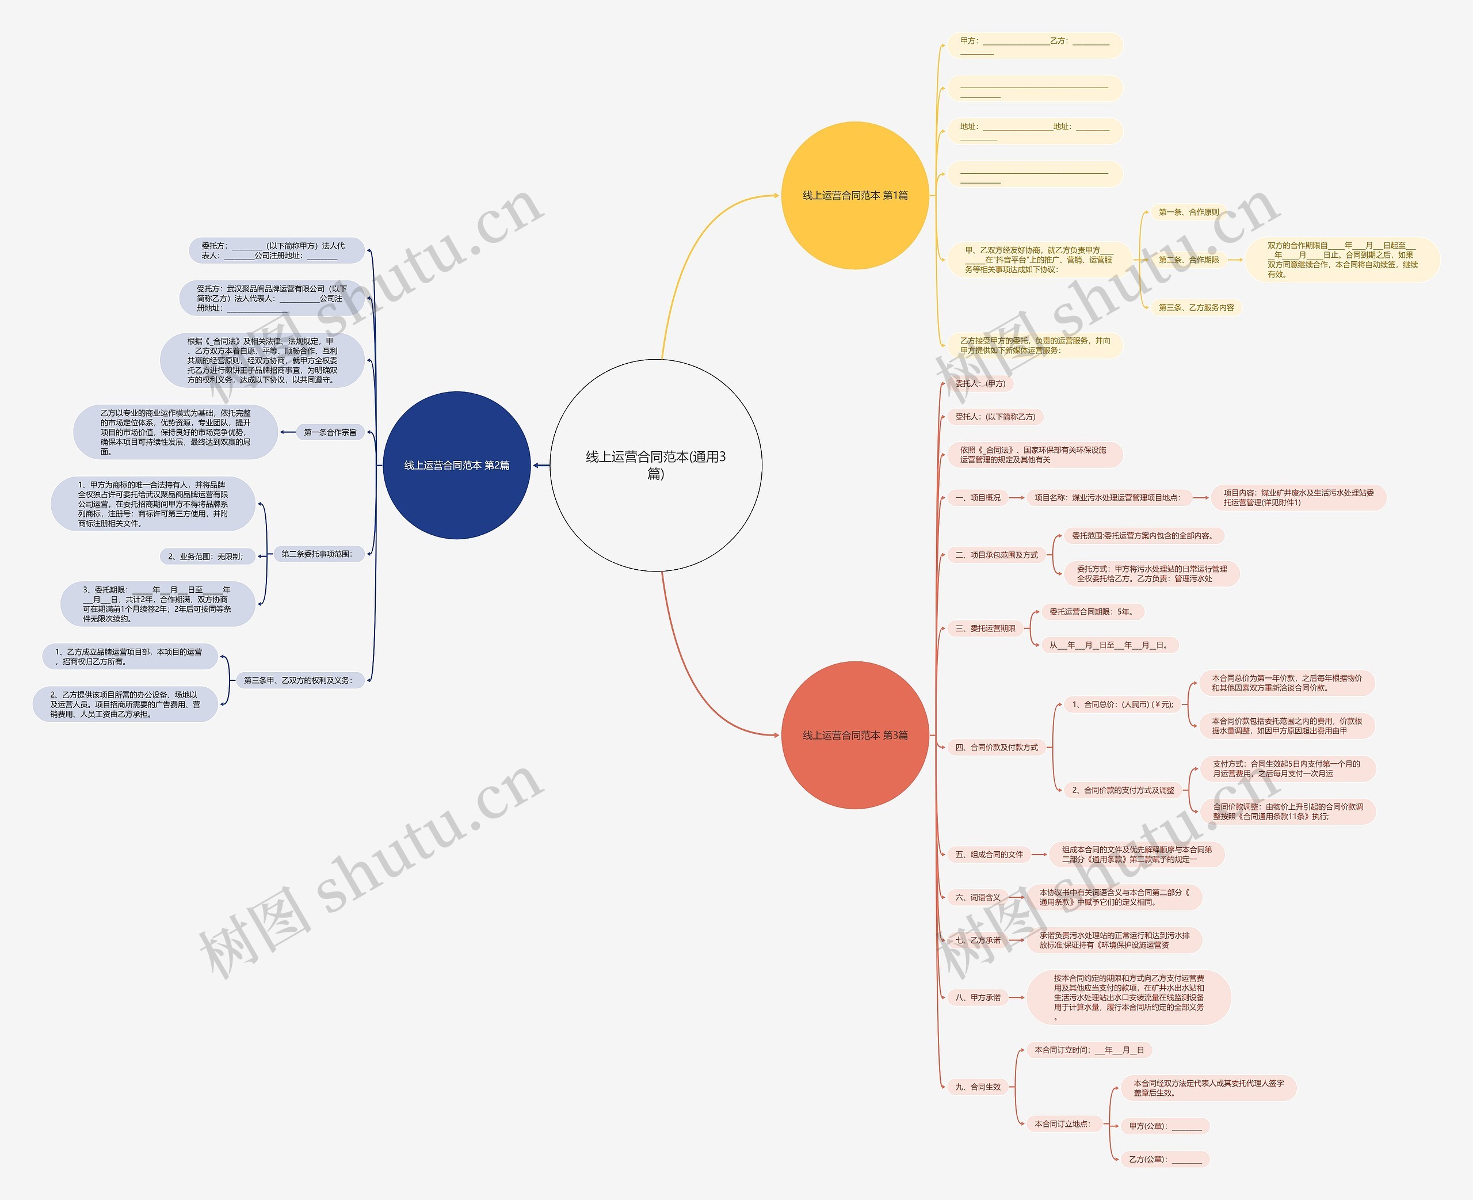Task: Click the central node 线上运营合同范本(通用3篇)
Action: point(656,464)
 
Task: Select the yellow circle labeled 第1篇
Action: point(854,196)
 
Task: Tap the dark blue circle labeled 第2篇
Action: point(457,465)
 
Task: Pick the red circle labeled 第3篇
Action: point(854,735)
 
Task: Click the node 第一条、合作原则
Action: point(1188,212)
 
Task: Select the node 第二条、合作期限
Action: point(1188,260)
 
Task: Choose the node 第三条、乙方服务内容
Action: point(1196,307)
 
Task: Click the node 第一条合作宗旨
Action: point(330,432)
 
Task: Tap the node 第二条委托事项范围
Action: point(317,554)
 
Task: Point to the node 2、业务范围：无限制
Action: point(206,557)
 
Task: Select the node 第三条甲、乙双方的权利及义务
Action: point(298,680)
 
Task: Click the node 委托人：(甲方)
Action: point(980,384)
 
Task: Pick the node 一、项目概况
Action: point(978,498)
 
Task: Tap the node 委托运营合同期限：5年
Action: point(1092,612)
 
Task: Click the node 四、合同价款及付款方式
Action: point(996,747)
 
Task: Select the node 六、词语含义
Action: point(978,897)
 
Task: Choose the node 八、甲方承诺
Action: point(978,997)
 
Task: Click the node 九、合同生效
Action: point(978,1087)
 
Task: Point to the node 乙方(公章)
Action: point(1165,1159)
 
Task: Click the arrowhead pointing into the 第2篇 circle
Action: point(536,465)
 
